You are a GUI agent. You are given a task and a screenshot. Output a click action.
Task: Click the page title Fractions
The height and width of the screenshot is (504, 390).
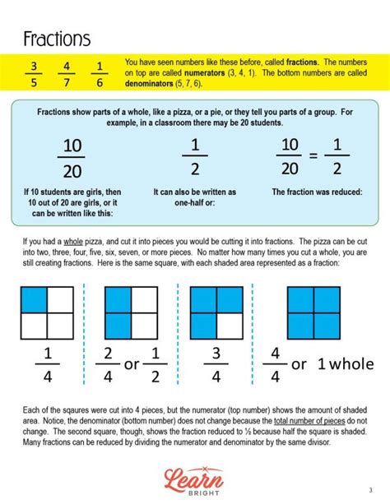pos(57,39)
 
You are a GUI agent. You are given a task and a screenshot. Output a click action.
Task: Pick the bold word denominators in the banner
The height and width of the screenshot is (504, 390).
pos(154,84)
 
